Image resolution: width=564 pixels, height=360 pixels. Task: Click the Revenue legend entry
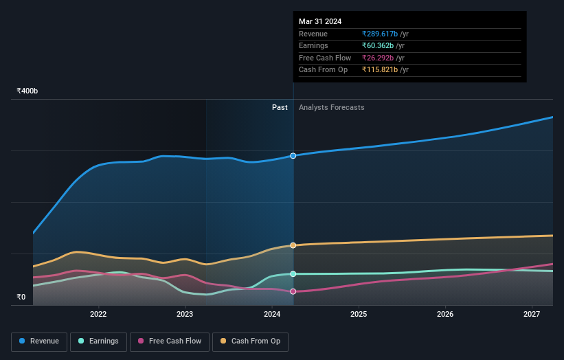point(39,341)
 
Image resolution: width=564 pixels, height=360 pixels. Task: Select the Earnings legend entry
point(99,341)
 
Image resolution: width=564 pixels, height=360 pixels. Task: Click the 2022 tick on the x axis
point(98,315)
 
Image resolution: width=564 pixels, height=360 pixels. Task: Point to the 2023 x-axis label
point(185,315)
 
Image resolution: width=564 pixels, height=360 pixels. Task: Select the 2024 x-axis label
point(272,315)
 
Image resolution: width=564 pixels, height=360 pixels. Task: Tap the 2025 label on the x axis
point(359,315)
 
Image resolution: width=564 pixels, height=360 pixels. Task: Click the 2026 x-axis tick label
point(445,315)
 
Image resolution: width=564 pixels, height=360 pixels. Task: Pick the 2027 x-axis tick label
point(532,315)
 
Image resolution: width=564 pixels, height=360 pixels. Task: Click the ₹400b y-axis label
point(27,91)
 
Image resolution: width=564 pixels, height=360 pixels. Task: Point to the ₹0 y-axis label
point(21,297)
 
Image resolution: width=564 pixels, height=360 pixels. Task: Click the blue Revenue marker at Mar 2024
point(293,156)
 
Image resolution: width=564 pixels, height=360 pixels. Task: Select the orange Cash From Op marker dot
point(293,245)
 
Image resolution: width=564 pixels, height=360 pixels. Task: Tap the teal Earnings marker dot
point(293,274)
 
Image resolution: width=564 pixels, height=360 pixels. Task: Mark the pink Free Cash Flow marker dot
point(293,291)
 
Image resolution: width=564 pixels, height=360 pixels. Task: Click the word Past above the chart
point(280,107)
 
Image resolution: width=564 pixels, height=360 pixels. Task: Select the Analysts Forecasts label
point(331,107)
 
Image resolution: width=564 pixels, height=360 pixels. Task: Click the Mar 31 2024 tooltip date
point(320,22)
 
